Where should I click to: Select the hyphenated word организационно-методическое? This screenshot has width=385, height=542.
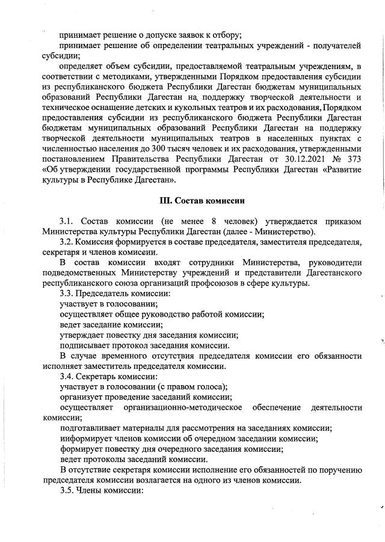coord(182,407)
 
